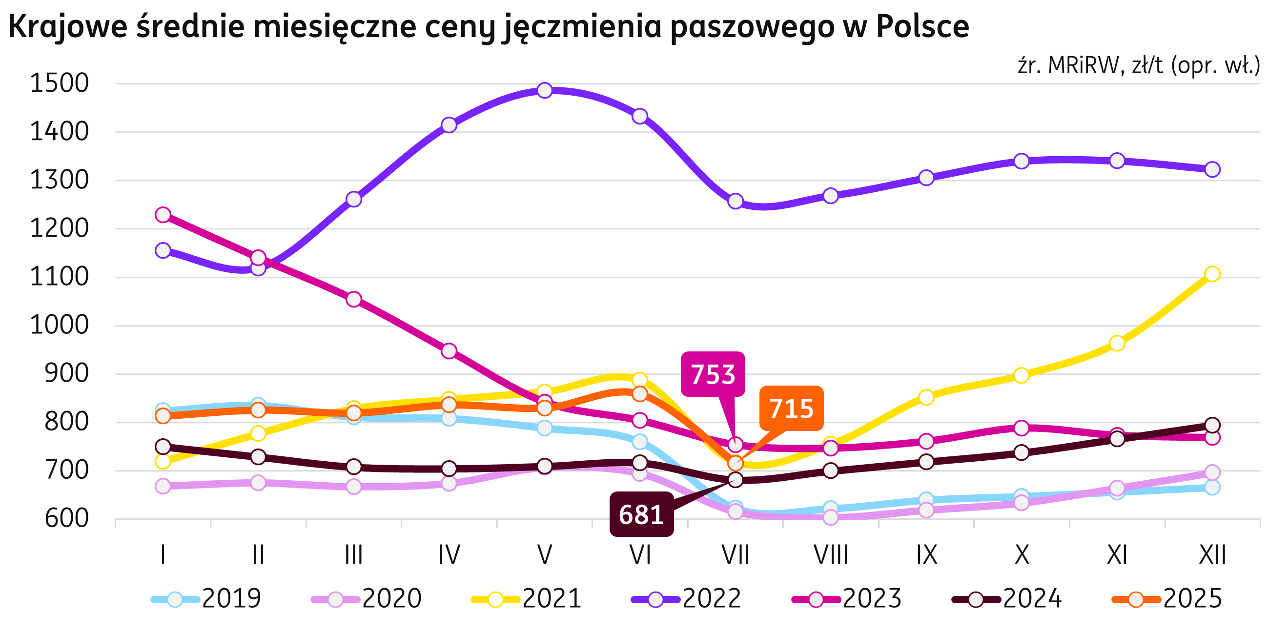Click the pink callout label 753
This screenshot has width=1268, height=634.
tap(713, 374)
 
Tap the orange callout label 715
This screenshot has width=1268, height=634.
tap(791, 409)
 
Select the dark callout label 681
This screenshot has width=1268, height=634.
tap(641, 514)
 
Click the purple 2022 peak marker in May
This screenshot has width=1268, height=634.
tap(544, 91)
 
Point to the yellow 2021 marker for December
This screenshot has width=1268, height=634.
tap(1212, 274)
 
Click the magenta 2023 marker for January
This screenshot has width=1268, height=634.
tap(163, 215)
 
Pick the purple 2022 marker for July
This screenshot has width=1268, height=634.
tap(736, 201)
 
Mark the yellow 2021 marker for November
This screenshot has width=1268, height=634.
tap(1117, 343)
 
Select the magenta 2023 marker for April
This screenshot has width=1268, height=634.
tap(449, 351)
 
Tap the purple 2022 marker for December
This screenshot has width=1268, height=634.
tap(1212, 169)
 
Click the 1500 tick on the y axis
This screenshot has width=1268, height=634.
tap(60, 83)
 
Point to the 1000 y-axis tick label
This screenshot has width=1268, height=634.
tap(60, 326)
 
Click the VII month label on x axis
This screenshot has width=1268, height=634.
tap(736, 555)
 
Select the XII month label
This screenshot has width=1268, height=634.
tap(1212, 555)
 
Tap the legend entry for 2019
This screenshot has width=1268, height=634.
tap(207, 598)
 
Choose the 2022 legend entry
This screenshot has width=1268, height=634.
tap(687, 598)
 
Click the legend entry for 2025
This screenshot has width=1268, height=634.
tap(1166, 598)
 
